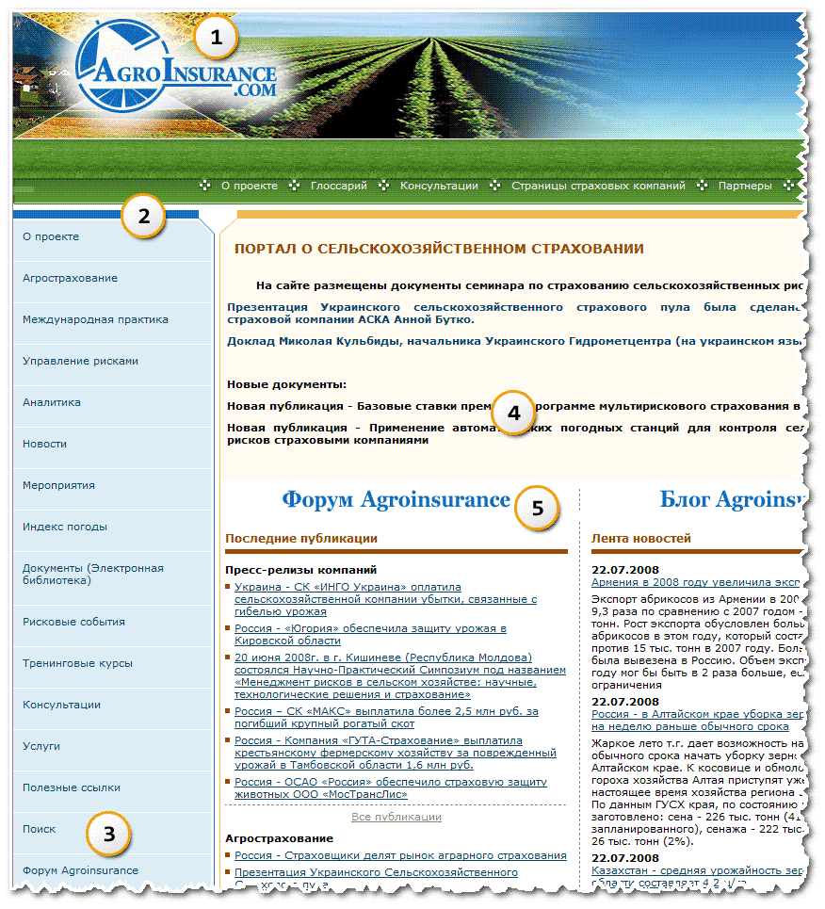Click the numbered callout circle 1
(217, 39)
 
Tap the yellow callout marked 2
(143, 216)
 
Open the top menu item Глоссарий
(338, 187)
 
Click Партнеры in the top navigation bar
(744, 187)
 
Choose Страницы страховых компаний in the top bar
(598, 187)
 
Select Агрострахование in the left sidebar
(71, 278)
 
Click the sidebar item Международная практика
(95, 319)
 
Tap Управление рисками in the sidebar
(80, 361)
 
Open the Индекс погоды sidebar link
(65, 527)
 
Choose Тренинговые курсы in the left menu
(77, 663)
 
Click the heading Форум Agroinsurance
(396, 499)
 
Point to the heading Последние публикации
(301, 539)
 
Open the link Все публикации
(396, 817)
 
